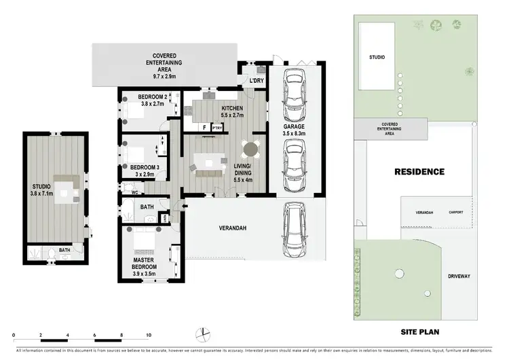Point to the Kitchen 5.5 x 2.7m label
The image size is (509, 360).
tap(232, 111)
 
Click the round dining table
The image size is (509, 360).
tap(251, 147)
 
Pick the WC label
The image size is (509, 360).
tap(135, 192)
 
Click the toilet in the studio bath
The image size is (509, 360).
tap(52, 255)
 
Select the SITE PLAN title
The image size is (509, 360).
tap(423, 332)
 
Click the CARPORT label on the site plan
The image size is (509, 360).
tap(456, 212)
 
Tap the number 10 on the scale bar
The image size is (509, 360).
tap(148, 336)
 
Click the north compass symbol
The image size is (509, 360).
tap(202, 333)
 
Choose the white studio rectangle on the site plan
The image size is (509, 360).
tap(377, 57)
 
